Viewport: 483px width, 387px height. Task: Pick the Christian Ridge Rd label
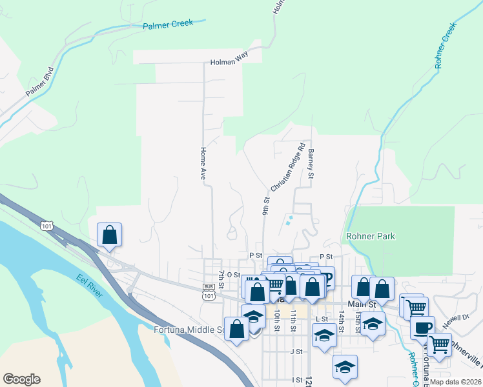[287, 167]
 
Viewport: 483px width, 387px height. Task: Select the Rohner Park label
[371, 236]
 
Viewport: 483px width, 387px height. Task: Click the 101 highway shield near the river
[46, 225]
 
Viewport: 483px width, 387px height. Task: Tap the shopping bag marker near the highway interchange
[109, 235]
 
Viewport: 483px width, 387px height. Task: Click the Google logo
[21, 379]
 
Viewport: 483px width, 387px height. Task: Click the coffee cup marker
[422, 327]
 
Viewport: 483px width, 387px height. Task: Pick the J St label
[296, 352]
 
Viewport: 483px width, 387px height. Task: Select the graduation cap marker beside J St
[345, 366]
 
